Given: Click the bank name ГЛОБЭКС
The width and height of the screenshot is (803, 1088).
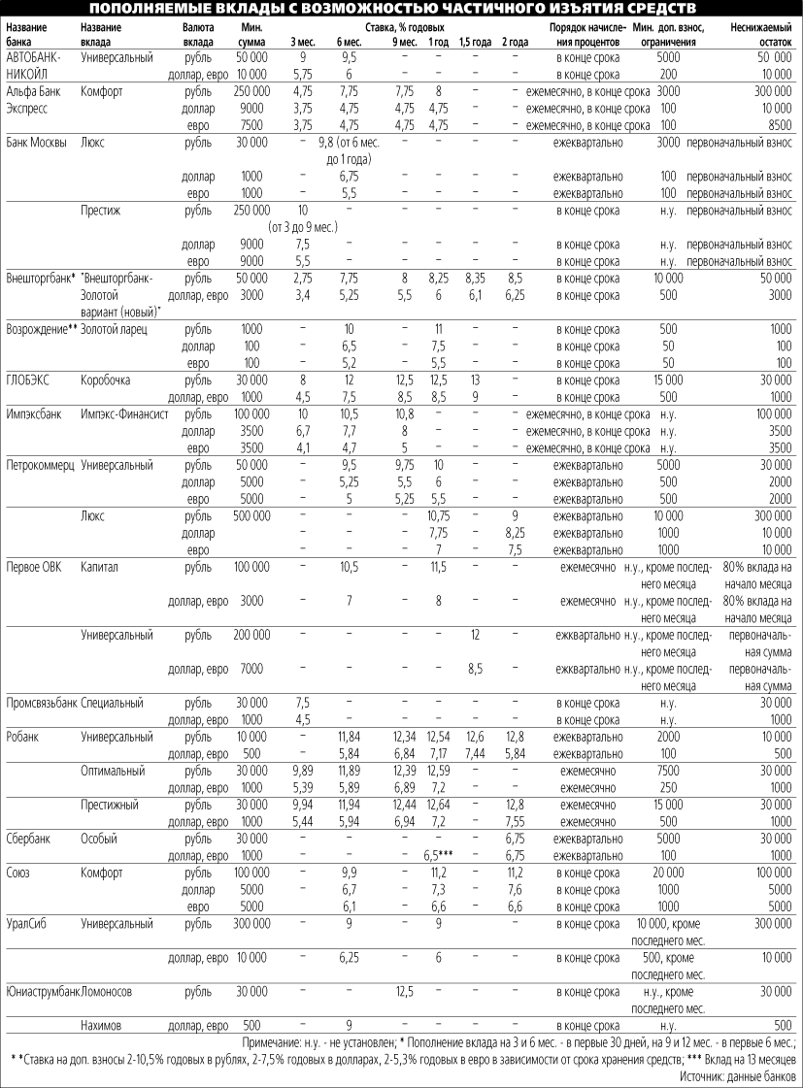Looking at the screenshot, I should point(30,379).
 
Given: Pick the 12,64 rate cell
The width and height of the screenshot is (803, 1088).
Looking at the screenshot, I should point(438,805).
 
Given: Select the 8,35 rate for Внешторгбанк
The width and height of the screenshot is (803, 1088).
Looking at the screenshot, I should point(475,278).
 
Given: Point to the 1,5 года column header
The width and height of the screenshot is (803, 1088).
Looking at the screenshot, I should point(474,43).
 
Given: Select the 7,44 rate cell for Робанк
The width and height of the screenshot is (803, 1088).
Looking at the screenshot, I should point(475,753).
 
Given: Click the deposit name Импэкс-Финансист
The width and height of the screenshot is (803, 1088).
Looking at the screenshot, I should point(125,413).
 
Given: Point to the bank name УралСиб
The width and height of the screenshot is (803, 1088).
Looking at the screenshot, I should point(28,922).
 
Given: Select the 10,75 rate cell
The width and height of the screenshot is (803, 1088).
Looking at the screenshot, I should point(438,515).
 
